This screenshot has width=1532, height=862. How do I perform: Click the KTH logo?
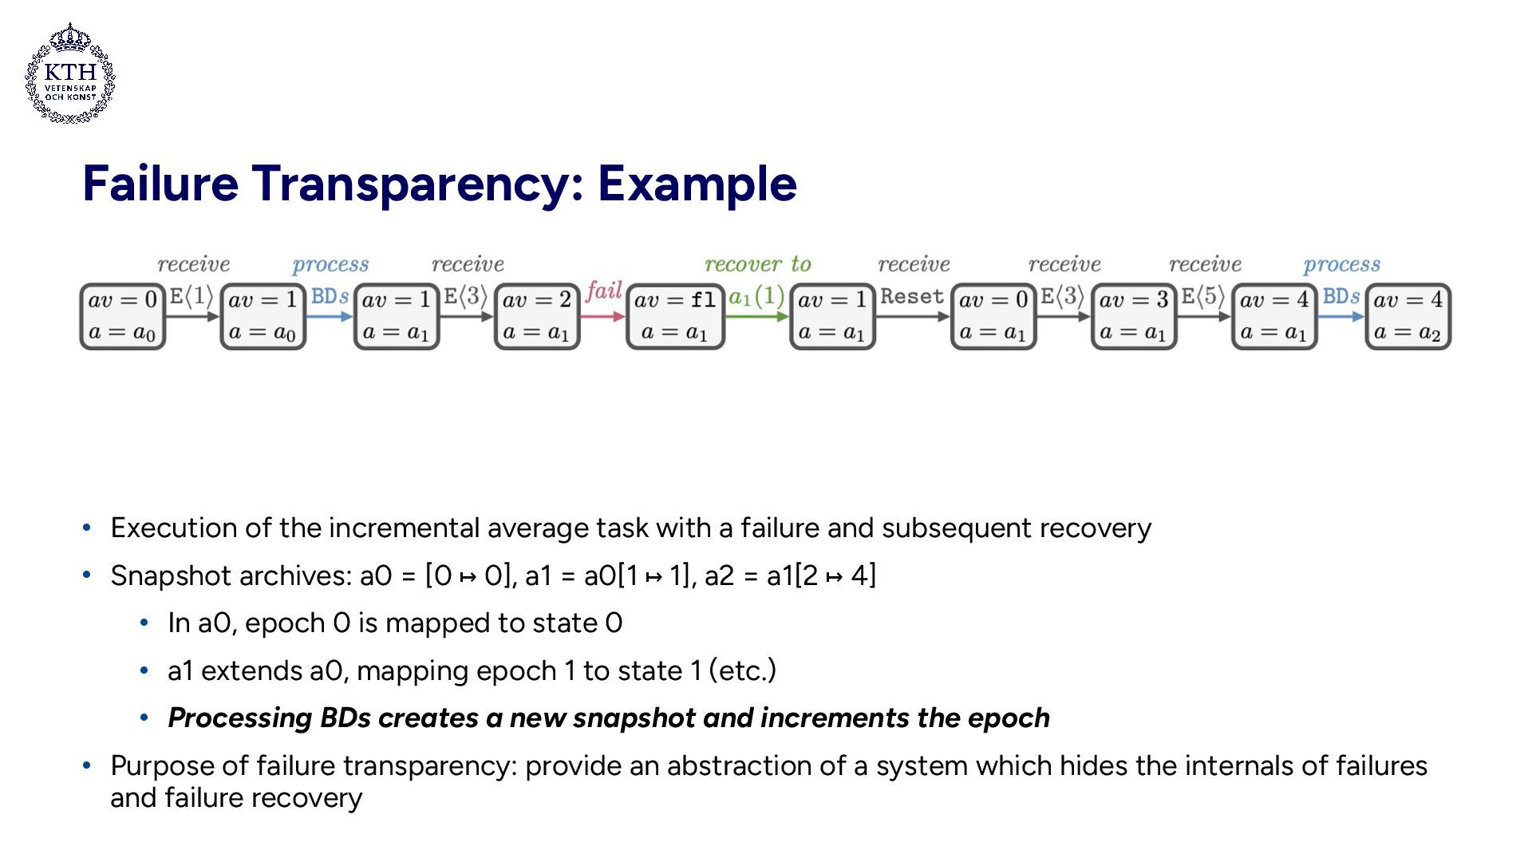click(x=70, y=73)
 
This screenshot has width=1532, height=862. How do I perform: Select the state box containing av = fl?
click(x=675, y=316)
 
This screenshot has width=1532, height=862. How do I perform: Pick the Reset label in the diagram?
click(x=912, y=297)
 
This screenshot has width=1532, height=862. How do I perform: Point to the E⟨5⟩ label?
click(x=1202, y=297)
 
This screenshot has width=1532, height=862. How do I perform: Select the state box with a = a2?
click(x=1408, y=316)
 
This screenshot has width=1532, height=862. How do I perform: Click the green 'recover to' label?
click(x=757, y=264)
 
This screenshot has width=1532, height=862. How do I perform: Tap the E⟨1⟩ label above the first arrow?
click(x=191, y=297)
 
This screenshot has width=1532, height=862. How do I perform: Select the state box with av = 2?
click(x=537, y=316)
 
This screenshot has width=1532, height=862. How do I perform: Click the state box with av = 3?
click(x=1134, y=316)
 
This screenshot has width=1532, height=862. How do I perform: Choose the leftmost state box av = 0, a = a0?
click(x=123, y=316)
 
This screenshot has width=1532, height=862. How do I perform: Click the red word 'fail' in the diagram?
click(x=603, y=291)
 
